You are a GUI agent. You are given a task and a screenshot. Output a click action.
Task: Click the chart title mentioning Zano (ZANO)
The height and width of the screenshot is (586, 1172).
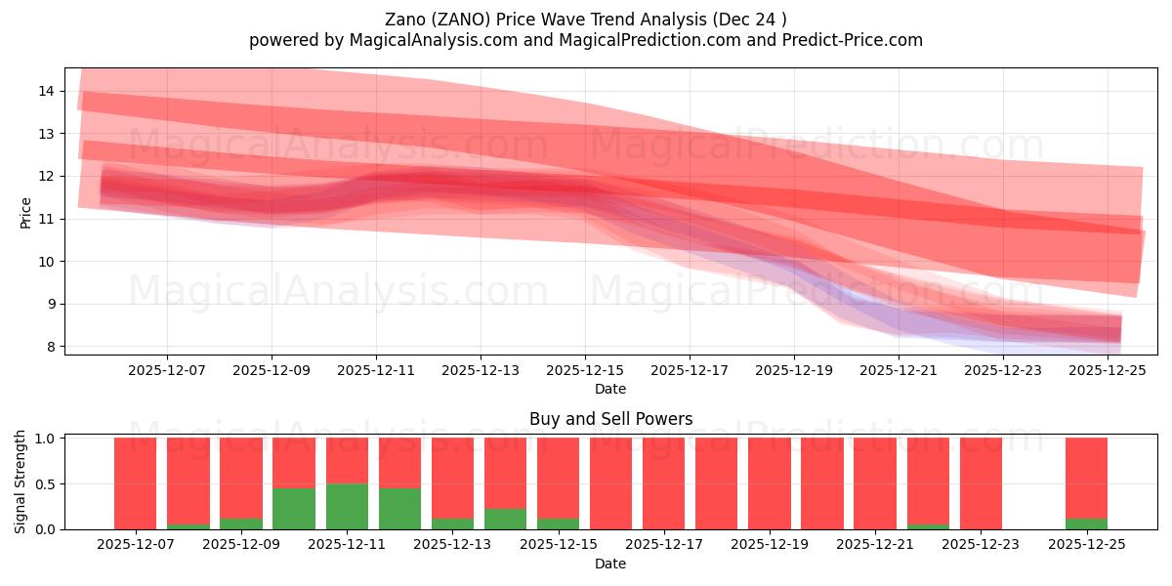585,19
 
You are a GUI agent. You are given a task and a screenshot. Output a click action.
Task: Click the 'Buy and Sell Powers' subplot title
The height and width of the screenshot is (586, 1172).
610,419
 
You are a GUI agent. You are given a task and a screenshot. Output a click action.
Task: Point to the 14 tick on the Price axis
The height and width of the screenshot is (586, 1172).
46,91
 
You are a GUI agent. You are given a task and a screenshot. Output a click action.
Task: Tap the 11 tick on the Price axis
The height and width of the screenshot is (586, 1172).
46,219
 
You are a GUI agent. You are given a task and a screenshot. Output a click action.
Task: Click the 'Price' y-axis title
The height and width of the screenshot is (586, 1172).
25,212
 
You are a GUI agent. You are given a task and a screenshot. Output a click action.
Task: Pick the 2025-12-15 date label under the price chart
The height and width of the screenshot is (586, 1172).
585,370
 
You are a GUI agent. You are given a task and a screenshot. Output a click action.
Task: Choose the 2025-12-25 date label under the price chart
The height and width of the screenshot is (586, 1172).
1109,370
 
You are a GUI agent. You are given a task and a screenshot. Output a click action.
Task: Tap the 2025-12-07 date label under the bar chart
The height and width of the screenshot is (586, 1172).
136,544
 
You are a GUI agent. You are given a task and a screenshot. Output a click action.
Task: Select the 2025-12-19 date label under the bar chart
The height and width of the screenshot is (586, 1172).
770,544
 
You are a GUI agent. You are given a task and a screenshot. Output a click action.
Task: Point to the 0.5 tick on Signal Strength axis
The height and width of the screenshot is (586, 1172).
46,483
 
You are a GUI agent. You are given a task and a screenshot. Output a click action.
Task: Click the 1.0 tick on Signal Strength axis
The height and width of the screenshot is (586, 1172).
46,439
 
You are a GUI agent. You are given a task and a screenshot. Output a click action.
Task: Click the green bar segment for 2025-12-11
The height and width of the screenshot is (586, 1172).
347,506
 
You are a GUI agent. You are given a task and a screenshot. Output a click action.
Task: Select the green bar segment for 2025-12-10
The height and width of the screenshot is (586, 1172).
294,508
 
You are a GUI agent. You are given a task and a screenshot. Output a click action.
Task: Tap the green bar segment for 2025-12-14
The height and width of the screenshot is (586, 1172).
505,519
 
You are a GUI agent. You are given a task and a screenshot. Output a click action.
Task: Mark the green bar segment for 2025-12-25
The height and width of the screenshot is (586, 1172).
1086,523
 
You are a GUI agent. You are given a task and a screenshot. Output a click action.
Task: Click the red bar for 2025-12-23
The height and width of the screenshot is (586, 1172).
981,483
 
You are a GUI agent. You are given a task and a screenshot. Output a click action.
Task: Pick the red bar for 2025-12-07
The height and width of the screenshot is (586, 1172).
136,483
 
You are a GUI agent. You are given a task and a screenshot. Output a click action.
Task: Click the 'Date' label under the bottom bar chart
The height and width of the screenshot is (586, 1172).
610,564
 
